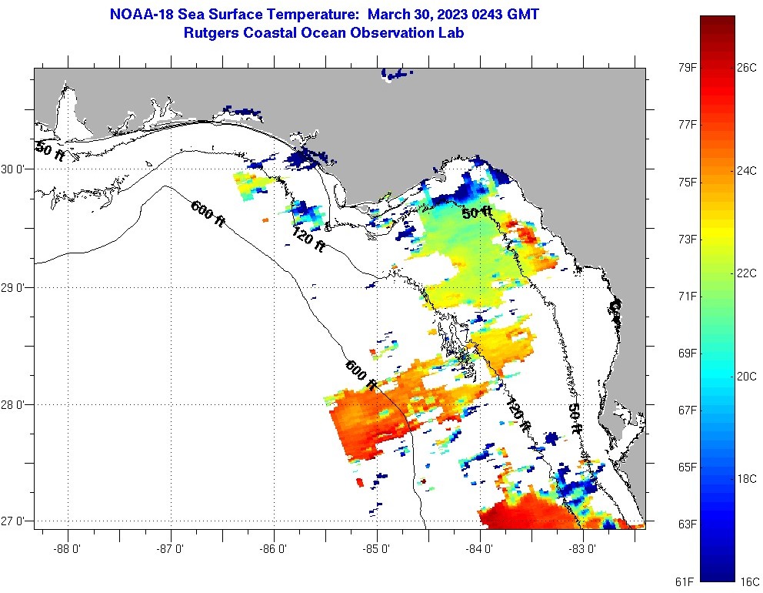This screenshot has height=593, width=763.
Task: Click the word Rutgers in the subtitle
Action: [211, 33]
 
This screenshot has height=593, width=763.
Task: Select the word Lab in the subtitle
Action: [450, 33]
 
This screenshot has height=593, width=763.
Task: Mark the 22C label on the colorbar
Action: [747, 273]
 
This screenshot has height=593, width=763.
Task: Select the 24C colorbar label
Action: [747, 171]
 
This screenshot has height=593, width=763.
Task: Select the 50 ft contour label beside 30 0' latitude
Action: [51, 152]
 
